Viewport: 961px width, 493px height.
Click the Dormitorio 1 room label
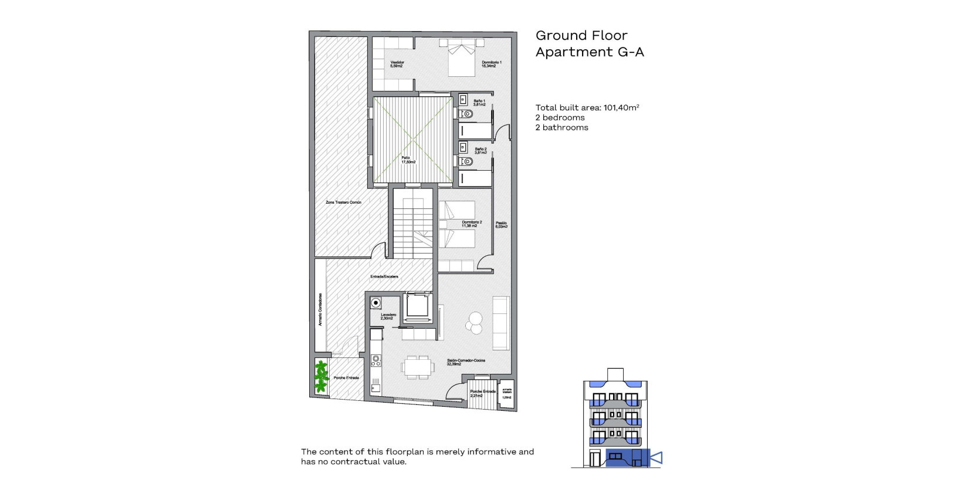pos(491,64)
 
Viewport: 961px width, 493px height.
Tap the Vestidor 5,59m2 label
pos(397,64)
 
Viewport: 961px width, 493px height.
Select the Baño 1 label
pos(480,103)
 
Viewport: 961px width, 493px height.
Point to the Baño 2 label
pos(480,151)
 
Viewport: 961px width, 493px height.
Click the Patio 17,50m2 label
pos(408,160)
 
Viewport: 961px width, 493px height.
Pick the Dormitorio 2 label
pos(471,224)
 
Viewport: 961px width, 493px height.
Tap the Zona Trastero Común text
pos(343,202)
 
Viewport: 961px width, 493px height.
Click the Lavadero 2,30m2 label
pos(388,316)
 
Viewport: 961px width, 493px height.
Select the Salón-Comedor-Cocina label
pos(465,362)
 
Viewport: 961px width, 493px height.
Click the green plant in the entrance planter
pos(321,376)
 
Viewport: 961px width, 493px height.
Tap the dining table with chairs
pos(418,367)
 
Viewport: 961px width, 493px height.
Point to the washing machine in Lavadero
pos(375,303)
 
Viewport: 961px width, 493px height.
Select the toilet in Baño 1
pos(466,113)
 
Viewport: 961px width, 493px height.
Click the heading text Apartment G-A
pos(589,52)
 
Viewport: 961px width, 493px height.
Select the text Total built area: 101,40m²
pos(587,107)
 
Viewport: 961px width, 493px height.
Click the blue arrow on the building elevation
pos(657,457)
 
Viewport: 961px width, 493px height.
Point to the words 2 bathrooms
pos(561,127)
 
